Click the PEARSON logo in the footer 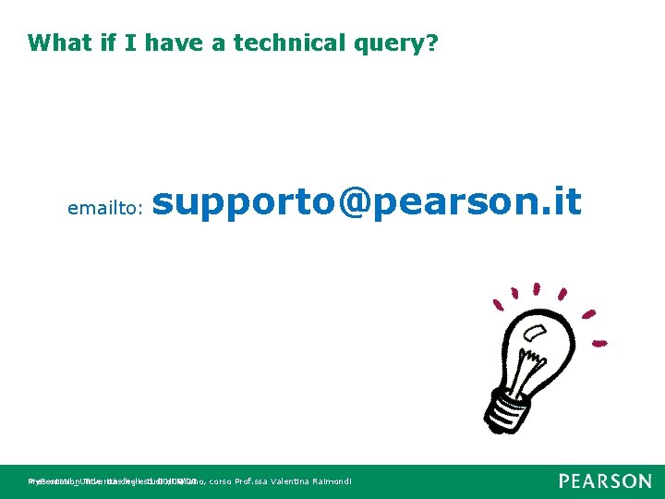pyautogui.click(x=604, y=481)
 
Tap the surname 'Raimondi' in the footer pyautogui.click(x=331, y=481)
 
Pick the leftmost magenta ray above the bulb pyautogui.click(x=500, y=302)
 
